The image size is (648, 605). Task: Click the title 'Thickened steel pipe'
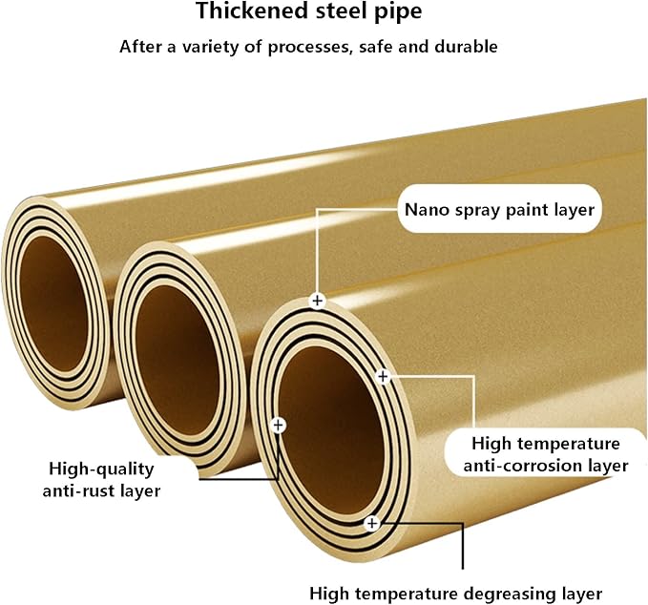click(309, 11)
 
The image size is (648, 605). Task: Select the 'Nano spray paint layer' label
click(499, 210)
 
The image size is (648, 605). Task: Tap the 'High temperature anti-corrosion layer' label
click(546, 454)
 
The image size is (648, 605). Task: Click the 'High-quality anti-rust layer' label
click(102, 480)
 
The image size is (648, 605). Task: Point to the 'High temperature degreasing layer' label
click(456, 594)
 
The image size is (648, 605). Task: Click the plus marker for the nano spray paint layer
click(318, 301)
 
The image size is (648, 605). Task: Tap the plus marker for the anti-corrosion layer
click(383, 377)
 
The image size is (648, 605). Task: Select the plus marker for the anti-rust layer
click(279, 425)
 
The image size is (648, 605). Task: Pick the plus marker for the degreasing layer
click(372, 524)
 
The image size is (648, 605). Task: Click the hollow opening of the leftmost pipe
click(53, 303)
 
